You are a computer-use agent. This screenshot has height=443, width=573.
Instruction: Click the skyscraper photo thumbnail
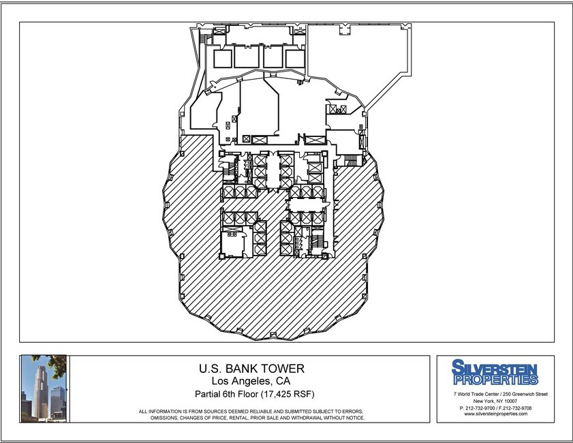pos(43,388)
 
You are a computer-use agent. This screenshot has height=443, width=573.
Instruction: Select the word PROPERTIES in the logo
pos(495,379)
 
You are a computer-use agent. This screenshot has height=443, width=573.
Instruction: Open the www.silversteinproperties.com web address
pos(495,414)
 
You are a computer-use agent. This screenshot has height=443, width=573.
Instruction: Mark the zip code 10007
pos(512,401)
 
